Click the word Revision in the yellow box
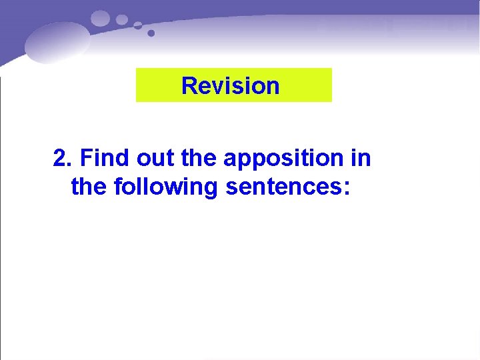[230, 86]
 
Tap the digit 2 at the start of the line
[61, 159]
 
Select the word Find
[105, 159]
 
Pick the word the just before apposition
[199, 159]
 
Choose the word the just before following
[89, 187]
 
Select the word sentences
[283, 187]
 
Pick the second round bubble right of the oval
[121, 19]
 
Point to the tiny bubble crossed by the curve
[137, 25]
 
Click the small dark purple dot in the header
[151, 33]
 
